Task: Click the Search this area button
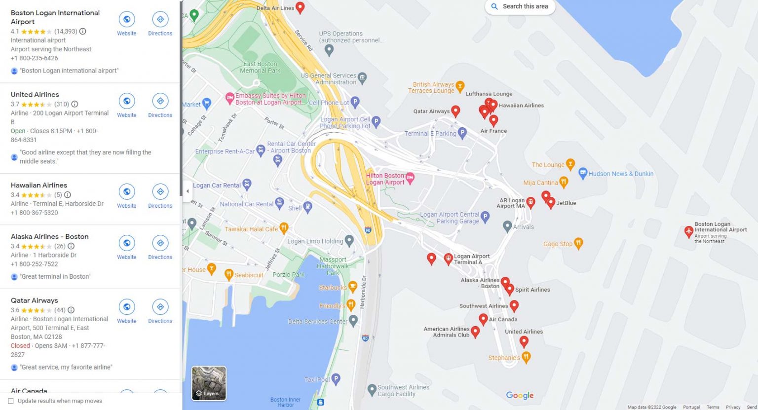[x=520, y=6]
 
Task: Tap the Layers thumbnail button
[x=209, y=383]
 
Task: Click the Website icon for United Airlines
[x=127, y=101]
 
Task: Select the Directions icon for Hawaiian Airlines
[x=160, y=192]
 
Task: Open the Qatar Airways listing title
[x=35, y=300]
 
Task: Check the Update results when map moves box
[x=11, y=401]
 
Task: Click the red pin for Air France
[x=493, y=120]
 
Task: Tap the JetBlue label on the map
[x=566, y=203]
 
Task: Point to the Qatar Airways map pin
[x=455, y=111]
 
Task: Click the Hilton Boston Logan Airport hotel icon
[x=410, y=177]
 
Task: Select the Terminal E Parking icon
[x=462, y=132]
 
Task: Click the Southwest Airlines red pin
[x=514, y=305]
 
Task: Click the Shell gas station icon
[x=307, y=207]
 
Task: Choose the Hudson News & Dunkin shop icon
[x=583, y=173]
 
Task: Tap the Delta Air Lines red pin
[x=300, y=7]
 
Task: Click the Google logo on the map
[x=520, y=395]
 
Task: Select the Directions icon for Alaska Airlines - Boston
[x=160, y=243]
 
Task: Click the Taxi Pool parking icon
[x=336, y=379]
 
